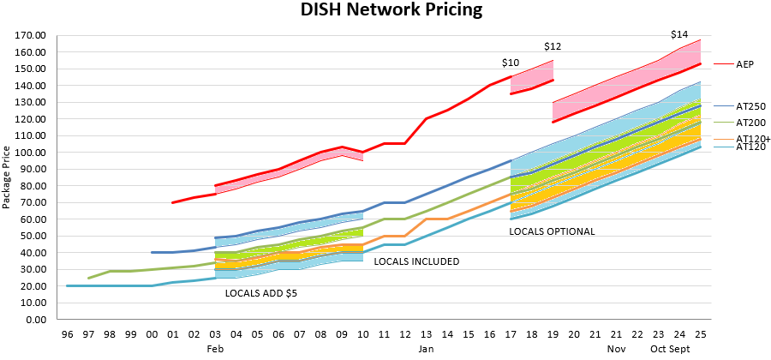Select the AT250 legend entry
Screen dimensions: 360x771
tap(750, 106)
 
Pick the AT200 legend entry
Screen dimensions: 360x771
tap(750, 123)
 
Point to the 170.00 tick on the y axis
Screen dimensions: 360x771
tap(31, 36)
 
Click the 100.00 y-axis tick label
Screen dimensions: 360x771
tap(31, 153)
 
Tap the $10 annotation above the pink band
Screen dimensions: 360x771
tap(511, 63)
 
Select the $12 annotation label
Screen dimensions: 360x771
tap(553, 45)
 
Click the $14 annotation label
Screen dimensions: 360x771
tap(679, 34)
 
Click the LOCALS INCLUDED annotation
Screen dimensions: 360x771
tap(416, 261)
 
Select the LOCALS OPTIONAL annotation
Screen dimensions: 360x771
tap(552, 231)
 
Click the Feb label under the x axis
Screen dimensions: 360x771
tap(216, 350)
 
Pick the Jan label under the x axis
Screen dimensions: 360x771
tap(426, 350)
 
